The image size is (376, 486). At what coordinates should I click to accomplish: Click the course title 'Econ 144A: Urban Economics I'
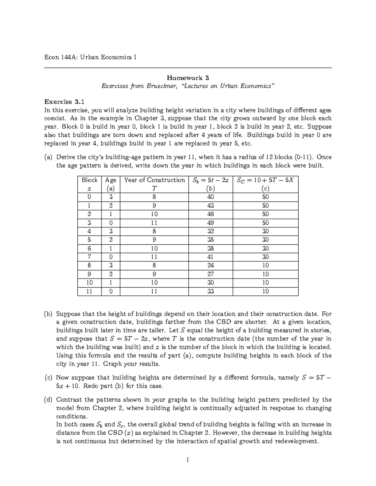90,58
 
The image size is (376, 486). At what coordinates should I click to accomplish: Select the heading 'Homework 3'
188,78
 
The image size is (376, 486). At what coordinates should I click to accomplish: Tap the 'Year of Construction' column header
154,180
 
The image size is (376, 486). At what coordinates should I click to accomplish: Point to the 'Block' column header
90,180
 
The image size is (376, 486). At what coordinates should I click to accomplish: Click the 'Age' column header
111,180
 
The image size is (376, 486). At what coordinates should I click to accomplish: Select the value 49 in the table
211,223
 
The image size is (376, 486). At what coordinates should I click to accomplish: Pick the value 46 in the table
211,214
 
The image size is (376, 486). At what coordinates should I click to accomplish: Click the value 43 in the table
211,206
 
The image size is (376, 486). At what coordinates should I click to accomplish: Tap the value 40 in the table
211,197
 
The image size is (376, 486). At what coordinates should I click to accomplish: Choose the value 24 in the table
211,265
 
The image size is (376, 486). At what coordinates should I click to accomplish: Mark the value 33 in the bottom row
211,291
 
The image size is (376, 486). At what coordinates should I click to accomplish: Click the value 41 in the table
211,257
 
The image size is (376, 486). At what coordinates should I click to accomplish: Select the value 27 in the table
211,274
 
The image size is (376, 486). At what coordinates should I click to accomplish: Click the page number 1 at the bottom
188,460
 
